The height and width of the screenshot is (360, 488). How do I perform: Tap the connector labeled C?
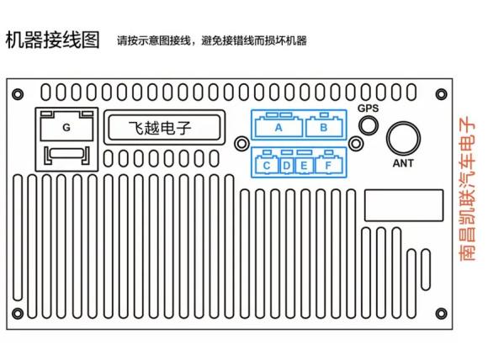(x=267, y=165)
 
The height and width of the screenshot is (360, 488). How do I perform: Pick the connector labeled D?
(x=287, y=165)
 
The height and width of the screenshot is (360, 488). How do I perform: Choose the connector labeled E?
(x=304, y=165)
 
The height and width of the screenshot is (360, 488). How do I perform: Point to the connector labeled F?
(x=329, y=165)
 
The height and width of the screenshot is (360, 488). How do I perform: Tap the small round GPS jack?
(x=369, y=125)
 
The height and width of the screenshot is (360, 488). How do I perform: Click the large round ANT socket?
(x=403, y=139)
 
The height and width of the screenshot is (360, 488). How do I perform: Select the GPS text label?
(x=369, y=109)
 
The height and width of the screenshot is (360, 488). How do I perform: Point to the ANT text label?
(x=403, y=163)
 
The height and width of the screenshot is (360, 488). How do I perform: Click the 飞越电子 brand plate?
(x=164, y=127)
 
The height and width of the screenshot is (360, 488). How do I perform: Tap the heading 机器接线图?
(x=53, y=40)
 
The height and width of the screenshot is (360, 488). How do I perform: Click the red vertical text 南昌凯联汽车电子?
(x=468, y=188)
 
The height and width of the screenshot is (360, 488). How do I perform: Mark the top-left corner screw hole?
(x=18, y=94)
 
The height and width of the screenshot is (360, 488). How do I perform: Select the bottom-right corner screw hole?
(x=442, y=314)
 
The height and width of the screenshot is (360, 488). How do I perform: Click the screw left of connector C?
(x=241, y=144)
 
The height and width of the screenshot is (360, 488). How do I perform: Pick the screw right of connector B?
(x=356, y=144)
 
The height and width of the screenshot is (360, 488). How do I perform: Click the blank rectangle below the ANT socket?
(x=404, y=205)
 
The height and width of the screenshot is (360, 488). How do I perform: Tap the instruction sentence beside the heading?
(x=212, y=40)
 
